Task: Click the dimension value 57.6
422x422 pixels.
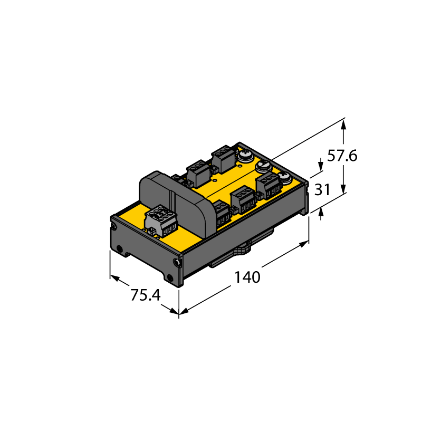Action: pos(342,156)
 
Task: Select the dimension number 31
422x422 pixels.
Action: pos(322,189)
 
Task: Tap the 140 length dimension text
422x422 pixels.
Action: pos(247,277)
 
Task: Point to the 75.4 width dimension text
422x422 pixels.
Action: pos(146,295)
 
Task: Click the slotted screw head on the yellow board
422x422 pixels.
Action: pos(263,166)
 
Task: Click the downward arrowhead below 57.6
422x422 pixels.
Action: pos(343,188)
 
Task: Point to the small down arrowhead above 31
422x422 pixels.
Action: pos(321,166)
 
